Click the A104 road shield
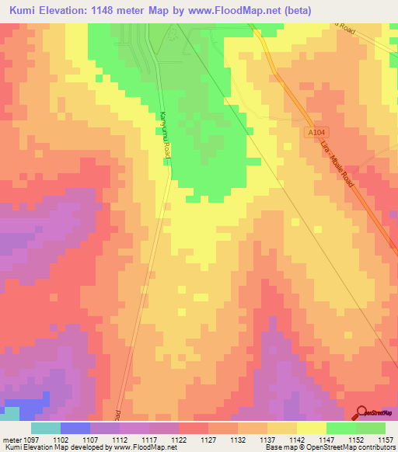point(313,134)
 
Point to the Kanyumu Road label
point(165,135)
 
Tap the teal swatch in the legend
point(46,427)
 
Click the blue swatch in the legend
point(75,427)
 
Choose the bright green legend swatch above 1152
point(341,427)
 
